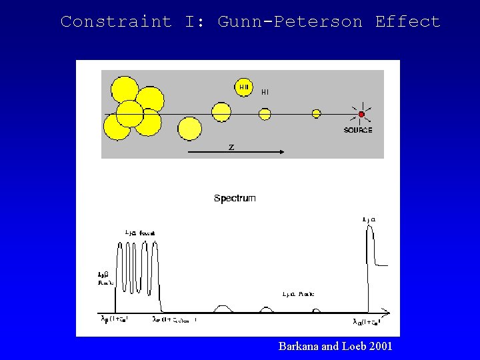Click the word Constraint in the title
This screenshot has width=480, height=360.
(x=116, y=21)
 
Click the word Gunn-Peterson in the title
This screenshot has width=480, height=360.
(x=290, y=21)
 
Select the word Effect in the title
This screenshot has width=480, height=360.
(x=407, y=21)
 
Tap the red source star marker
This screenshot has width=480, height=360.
(x=361, y=115)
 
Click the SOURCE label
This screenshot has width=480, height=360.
(x=358, y=130)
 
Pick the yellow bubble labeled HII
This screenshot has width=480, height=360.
(x=244, y=87)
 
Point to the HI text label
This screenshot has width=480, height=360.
(x=265, y=92)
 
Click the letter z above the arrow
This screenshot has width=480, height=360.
(x=231, y=147)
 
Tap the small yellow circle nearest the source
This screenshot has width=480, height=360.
(x=317, y=114)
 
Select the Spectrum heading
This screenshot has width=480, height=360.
(x=235, y=198)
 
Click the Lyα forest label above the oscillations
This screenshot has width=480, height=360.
(x=140, y=233)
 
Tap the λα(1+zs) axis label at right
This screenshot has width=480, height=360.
(x=366, y=322)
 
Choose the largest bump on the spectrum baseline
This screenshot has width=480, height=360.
(x=223, y=309)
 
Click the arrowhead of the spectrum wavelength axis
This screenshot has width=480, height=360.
(x=387, y=312)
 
